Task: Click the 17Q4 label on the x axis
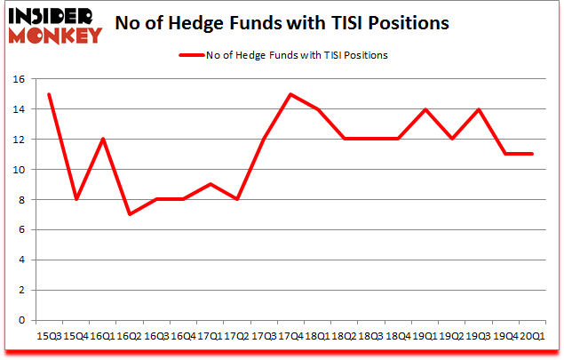tap(289, 338)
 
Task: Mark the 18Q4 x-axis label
tap(397, 338)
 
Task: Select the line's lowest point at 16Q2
tap(129, 214)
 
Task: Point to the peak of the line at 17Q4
tap(290, 94)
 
